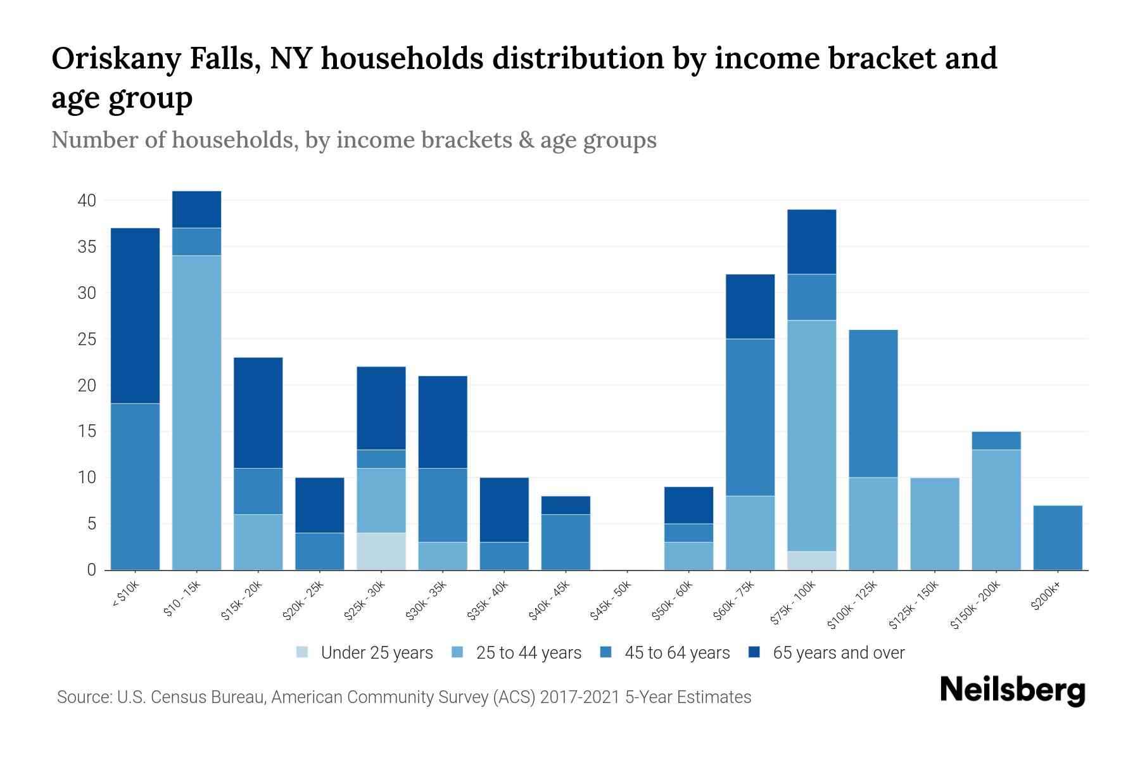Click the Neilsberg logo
(1012, 690)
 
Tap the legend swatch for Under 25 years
(303, 652)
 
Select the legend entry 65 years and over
(839, 652)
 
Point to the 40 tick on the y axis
(87, 201)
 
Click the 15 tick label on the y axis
(87, 432)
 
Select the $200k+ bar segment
(1058, 538)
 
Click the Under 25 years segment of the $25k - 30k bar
(381, 551)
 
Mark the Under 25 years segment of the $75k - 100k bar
(811, 560)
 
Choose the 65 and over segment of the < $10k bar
(135, 315)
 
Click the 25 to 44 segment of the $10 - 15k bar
(196, 412)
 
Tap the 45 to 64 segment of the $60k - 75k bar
(750, 417)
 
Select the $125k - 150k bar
(935, 524)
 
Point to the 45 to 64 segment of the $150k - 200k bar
(996, 441)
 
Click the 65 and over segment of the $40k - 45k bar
(566, 505)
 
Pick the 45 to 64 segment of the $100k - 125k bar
(873, 403)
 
